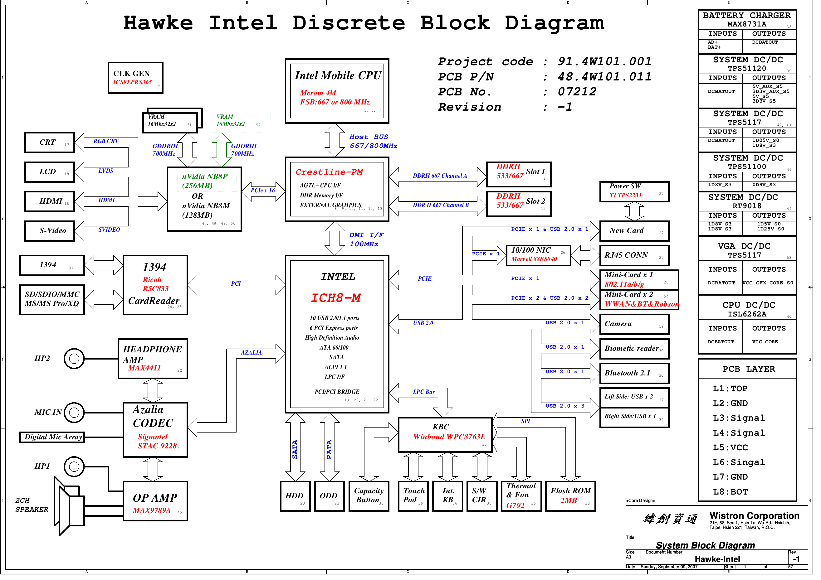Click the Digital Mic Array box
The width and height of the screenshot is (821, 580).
52,441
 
